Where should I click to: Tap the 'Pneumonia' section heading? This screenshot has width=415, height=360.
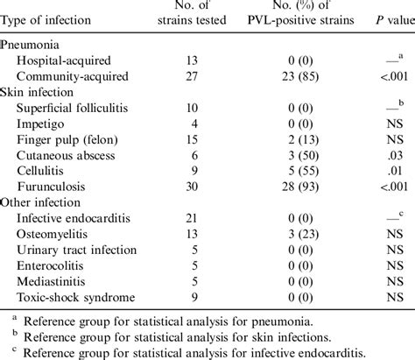pos(32,44)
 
